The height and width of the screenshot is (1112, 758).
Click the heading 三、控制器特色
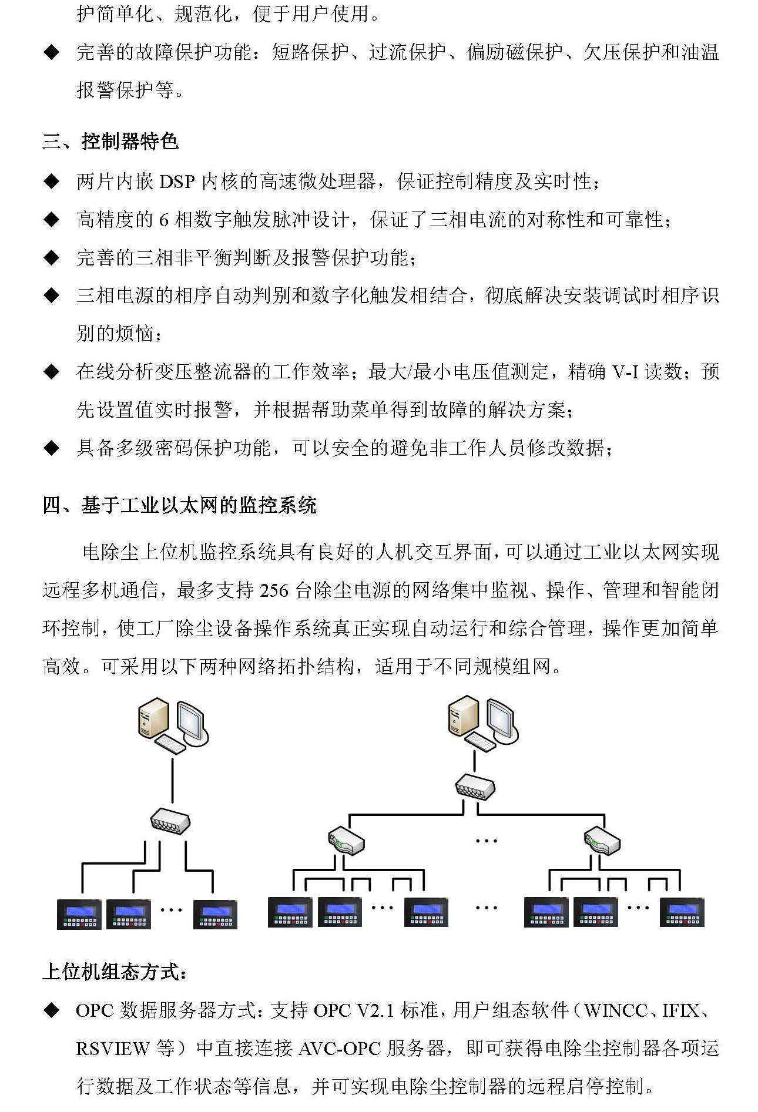coord(110,142)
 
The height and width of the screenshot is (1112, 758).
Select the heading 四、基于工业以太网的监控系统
coord(179,505)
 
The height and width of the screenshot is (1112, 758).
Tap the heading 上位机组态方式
coord(115,972)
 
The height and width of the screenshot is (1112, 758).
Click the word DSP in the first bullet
coord(176,182)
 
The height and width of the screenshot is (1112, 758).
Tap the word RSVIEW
coord(113,1049)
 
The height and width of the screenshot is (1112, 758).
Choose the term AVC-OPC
coord(340,1049)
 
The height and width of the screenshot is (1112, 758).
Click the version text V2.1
coord(375,1010)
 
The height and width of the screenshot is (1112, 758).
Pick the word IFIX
coord(681,1010)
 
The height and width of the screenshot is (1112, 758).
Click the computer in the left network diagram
coord(173,725)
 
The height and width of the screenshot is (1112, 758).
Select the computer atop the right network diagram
coord(482,723)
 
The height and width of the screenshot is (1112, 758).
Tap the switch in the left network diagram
coord(170,821)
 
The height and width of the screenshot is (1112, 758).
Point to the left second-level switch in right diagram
coord(346,841)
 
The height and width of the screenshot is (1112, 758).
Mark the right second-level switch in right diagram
coord(602,841)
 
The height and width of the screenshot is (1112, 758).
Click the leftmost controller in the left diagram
coord(79,914)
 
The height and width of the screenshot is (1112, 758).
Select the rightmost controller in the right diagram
coord(682,912)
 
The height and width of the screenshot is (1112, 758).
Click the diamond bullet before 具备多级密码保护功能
coord(52,449)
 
